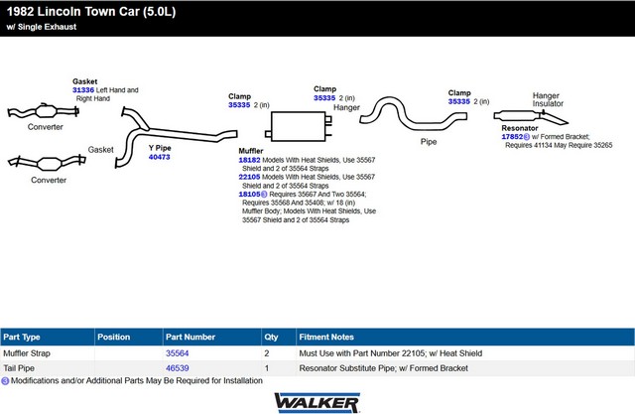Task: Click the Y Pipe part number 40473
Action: point(159,157)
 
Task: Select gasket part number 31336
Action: point(83,90)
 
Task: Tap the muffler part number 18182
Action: point(249,160)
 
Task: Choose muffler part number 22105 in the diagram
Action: point(249,177)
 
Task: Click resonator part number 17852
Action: point(512,137)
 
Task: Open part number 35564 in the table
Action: point(177,353)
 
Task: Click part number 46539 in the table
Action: point(177,368)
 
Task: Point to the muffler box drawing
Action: point(299,126)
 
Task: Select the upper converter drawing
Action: point(44,111)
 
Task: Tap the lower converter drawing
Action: point(48,163)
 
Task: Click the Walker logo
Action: point(317,403)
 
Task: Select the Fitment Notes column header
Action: point(326,337)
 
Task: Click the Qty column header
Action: point(271,337)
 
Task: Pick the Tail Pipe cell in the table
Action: point(19,368)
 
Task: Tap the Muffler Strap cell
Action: point(27,353)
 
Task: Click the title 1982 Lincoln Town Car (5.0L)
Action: point(91,11)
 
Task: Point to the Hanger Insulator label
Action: point(548,99)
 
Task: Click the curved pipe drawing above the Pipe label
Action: point(409,121)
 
